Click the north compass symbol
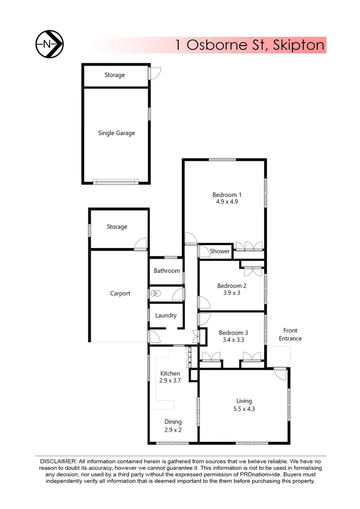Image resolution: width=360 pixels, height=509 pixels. tap(50, 45)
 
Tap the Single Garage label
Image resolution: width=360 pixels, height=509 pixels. tap(116, 133)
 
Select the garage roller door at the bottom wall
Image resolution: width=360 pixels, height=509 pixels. tap(116, 181)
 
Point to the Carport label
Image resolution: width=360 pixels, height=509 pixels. tap(120, 293)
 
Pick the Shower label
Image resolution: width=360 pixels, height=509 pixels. tap(220, 251)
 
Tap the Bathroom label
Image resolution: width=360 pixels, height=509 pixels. tap(167, 271)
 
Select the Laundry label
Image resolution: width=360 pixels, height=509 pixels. tap(166, 316)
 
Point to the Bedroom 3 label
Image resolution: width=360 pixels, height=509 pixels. tap(233, 333)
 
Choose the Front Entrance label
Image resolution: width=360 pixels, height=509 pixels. tap(290, 334)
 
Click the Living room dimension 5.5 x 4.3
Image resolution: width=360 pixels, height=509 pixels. tap(244, 409)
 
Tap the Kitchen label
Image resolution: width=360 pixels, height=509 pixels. tap(170, 373)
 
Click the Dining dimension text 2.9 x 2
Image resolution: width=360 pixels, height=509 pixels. tap(173, 429)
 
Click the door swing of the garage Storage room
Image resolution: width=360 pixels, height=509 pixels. tap(155, 73)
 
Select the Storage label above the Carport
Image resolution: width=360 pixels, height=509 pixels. tap(117, 226)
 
